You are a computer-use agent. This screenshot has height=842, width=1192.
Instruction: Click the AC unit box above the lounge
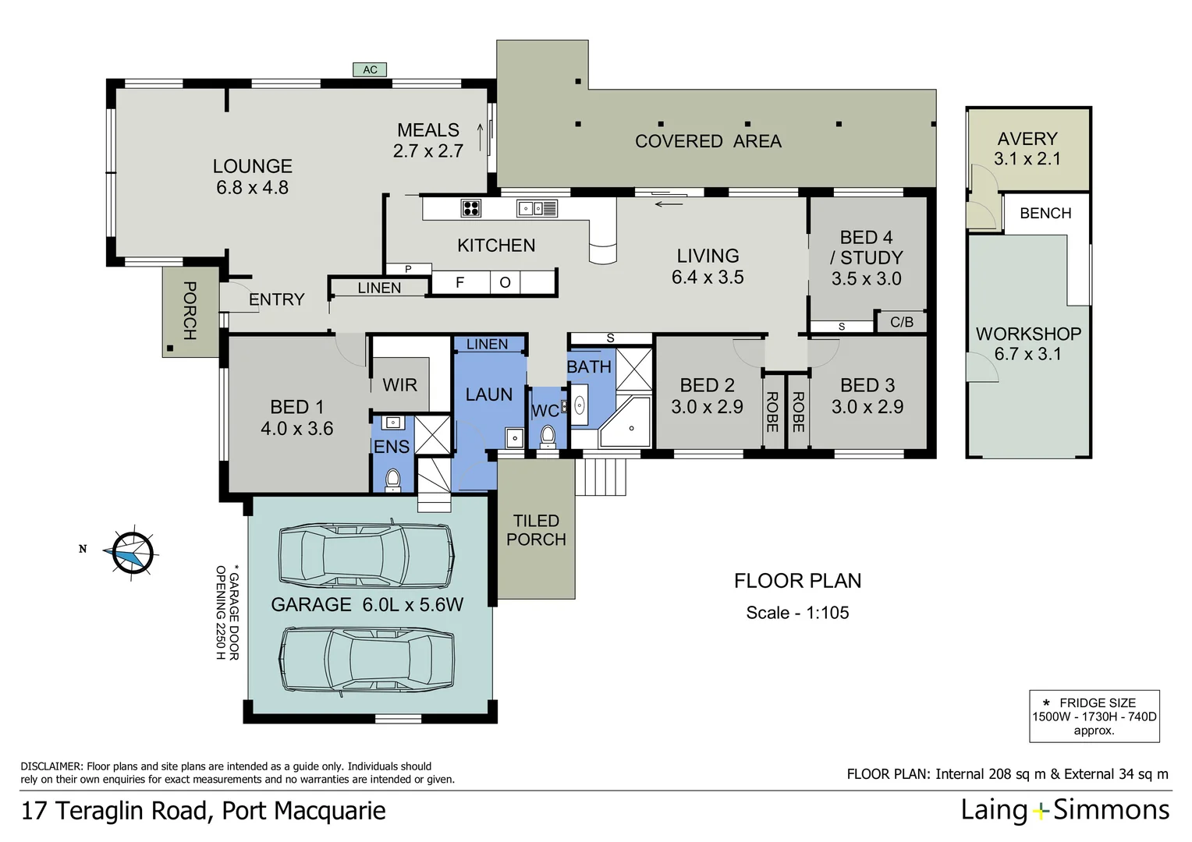click(370, 70)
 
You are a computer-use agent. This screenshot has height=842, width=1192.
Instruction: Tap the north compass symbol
click(133, 554)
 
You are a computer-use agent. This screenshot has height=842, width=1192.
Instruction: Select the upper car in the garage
click(366, 555)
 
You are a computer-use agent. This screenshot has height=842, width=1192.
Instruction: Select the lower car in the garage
click(367, 660)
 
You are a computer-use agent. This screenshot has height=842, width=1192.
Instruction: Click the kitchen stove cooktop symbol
click(471, 208)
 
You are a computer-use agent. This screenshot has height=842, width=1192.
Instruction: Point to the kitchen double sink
click(537, 208)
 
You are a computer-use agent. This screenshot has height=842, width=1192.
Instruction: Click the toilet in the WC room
click(548, 436)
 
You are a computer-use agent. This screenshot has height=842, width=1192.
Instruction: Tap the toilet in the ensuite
click(393, 479)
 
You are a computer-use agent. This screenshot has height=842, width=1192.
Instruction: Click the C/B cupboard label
click(901, 322)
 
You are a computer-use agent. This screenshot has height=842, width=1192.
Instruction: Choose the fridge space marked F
click(460, 282)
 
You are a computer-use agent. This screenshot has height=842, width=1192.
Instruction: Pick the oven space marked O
click(505, 282)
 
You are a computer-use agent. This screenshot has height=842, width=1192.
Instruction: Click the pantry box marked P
click(408, 269)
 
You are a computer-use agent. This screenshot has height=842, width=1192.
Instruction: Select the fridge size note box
click(1094, 716)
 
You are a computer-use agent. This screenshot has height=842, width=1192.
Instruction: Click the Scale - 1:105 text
click(797, 613)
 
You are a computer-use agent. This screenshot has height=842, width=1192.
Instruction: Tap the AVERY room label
click(1027, 139)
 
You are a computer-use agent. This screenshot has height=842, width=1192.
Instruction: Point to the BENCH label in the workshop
click(1045, 214)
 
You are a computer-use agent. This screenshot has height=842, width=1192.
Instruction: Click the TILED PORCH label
click(536, 530)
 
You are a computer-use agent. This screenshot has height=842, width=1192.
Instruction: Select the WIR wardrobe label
click(399, 385)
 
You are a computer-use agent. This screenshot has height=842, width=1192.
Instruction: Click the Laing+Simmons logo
click(1065, 811)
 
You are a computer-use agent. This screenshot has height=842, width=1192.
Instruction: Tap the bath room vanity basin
click(580, 405)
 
